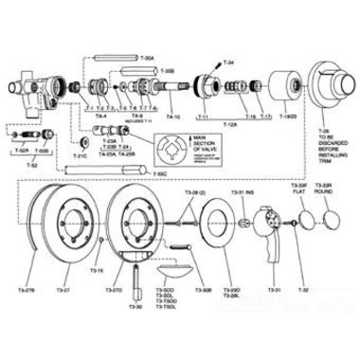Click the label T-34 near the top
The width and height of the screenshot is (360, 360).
(x=231, y=62)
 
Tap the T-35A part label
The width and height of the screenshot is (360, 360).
(x=148, y=57)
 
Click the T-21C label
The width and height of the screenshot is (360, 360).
(x=81, y=153)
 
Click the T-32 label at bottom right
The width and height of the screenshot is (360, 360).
(x=305, y=288)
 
